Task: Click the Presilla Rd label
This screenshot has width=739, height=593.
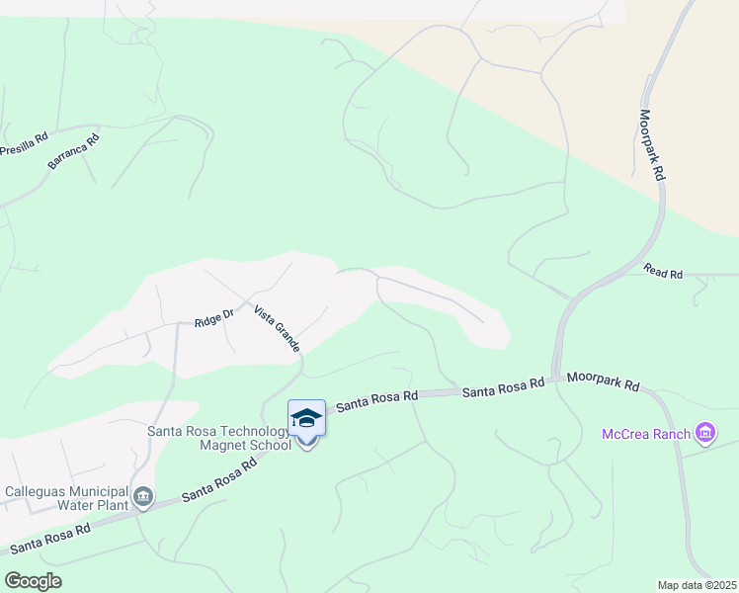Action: (25, 145)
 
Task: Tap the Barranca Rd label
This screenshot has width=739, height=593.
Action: (74, 153)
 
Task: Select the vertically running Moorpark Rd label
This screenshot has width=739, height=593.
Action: (651, 143)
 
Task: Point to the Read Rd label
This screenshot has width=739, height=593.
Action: (663, 270)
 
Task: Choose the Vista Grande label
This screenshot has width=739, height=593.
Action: (277, 328)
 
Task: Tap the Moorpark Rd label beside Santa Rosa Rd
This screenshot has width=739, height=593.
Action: (603, 383)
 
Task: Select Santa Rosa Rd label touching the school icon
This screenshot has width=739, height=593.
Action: (377, 400)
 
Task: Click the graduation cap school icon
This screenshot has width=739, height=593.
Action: (306, 418)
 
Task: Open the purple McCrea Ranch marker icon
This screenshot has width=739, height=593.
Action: (704, 433)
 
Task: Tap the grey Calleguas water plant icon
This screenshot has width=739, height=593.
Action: (143, 496)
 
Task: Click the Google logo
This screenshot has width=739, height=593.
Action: (33, 580)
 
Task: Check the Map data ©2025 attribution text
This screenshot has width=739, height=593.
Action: (697, 585)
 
